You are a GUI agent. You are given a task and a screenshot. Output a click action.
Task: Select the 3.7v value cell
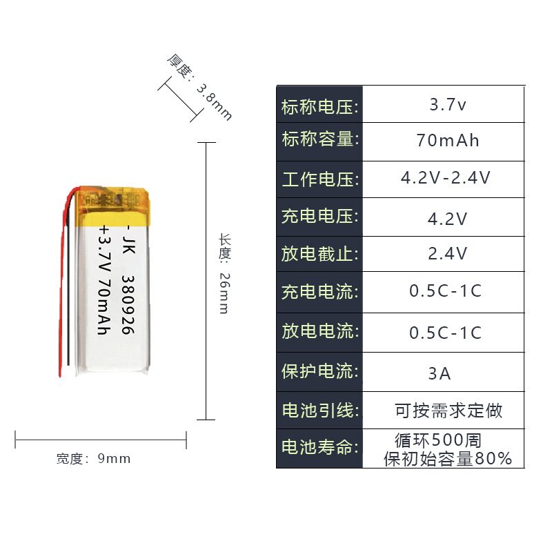[448, 106]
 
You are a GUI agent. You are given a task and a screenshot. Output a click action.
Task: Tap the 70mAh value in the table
[448, 141]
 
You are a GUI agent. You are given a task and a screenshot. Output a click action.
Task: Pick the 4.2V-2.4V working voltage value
[446, 178]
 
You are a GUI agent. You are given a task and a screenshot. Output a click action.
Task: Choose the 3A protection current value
[440, 374]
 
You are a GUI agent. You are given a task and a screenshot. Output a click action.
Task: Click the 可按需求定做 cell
[448, 411]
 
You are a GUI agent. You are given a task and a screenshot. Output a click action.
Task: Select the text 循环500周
[438, 440]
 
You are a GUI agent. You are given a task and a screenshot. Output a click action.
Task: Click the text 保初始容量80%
[448, 458]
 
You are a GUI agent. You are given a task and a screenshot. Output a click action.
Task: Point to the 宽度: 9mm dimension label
[93, 459]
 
